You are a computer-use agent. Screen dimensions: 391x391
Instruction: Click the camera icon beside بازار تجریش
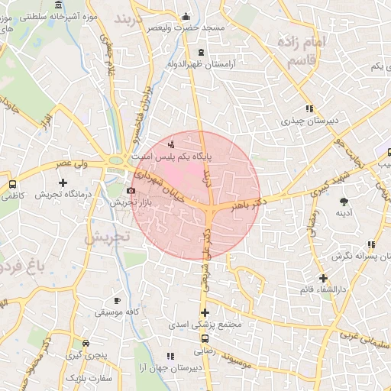[131, 190]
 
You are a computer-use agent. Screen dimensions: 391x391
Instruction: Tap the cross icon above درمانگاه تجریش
[63, 183]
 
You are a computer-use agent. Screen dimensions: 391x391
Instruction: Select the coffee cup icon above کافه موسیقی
[116, 300]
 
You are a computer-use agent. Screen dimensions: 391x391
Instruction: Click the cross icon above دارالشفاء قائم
[324, 278]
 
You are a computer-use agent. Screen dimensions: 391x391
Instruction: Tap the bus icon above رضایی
[205, 338]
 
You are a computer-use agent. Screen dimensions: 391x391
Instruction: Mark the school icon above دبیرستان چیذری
[309, 108]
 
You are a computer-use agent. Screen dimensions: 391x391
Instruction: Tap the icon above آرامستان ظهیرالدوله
[201, 53]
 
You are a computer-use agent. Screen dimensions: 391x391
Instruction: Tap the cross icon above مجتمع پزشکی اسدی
[204, 312]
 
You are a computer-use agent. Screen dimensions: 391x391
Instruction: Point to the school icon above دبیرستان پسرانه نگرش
[370, 244]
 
